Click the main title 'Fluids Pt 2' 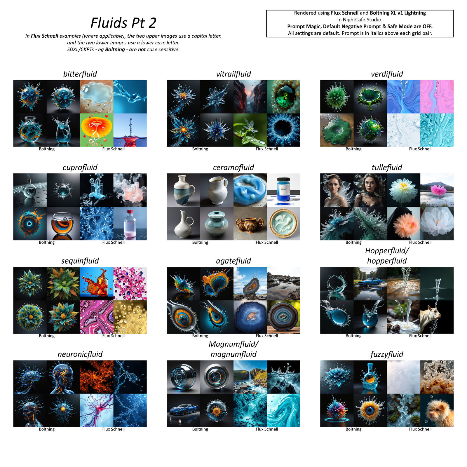(123, 23)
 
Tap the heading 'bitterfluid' (80, 74)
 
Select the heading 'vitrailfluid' (233, 74)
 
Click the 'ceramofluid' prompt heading (233, 167)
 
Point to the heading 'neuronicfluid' (80, 354)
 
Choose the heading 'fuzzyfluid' (387, 354)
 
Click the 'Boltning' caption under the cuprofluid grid (47, 242)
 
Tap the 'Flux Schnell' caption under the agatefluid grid (267, 336)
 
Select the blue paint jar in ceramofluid (283, 190)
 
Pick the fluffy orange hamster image (437, 410)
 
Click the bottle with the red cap (130, 224)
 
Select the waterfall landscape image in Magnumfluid (250, 377)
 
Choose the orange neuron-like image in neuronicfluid (97, 377)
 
